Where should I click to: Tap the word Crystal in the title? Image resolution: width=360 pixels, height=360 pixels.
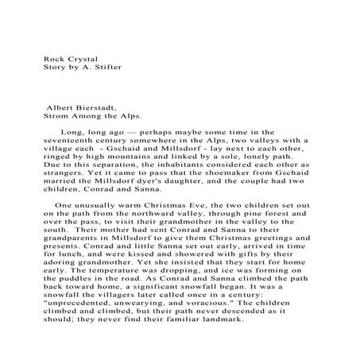pos(83,58)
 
